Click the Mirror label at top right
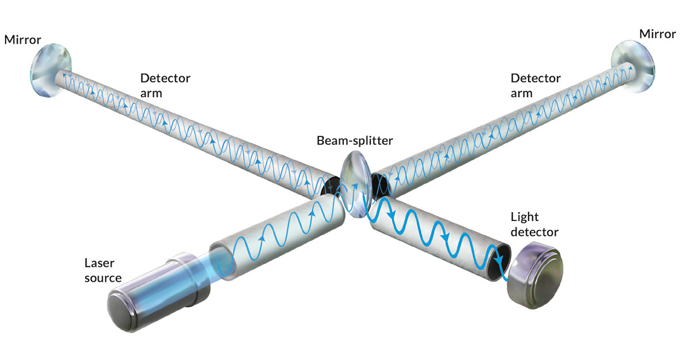658,34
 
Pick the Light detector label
534,224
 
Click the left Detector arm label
165,85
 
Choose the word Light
525,217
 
